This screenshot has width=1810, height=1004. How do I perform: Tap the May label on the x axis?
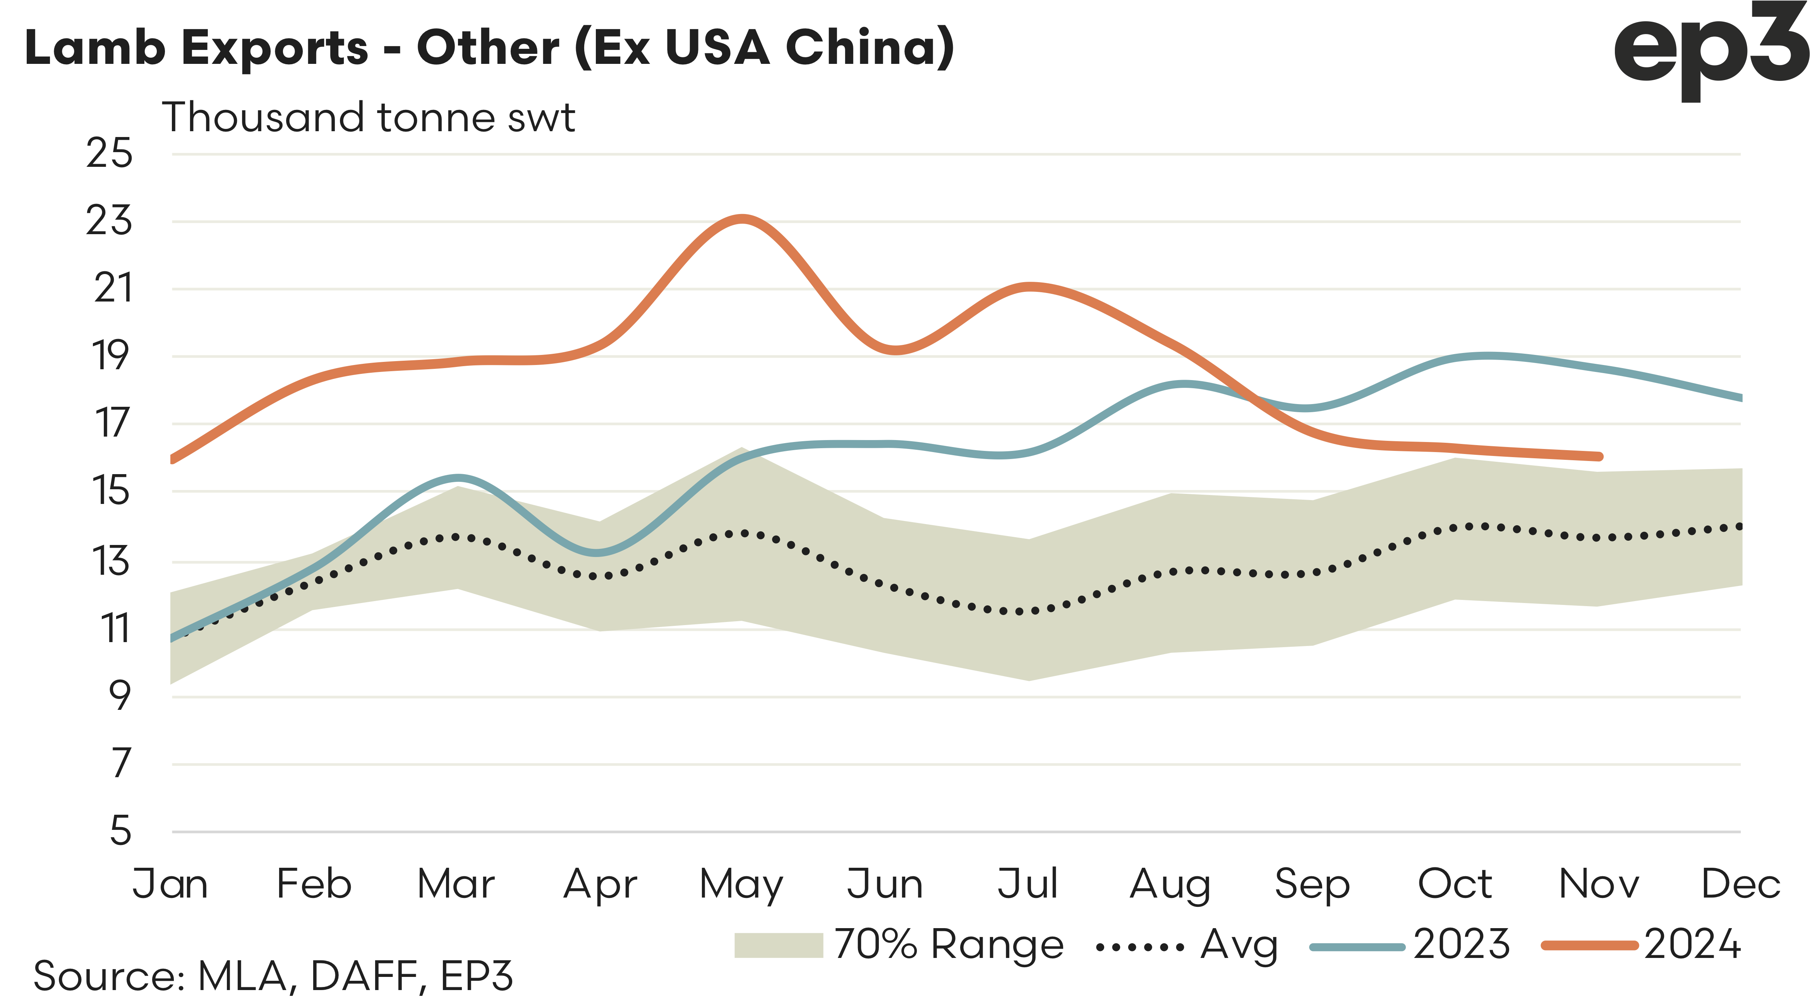[x=741, y=884]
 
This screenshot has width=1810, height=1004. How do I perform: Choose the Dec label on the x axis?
[x=1740, y=884]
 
